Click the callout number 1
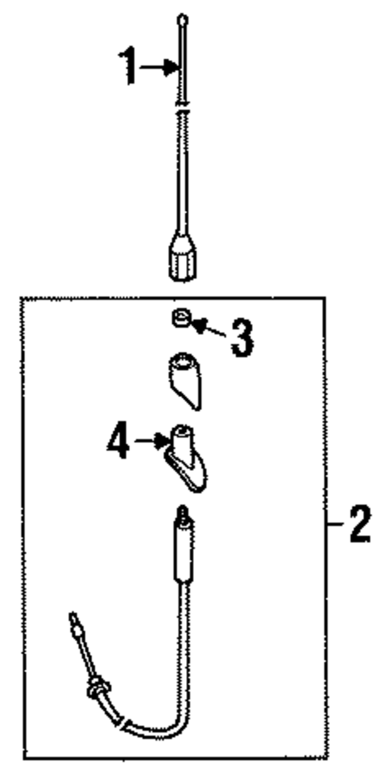click(x=128, y=65)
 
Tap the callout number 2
click(x=359, y=525)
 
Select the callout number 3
click(x=242, y=338)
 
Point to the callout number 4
click(x=119, y=442)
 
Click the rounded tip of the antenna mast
click(x=183, y=19)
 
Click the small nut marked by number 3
click(x=181, y=318)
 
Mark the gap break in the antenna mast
click(x=183, y=107)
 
